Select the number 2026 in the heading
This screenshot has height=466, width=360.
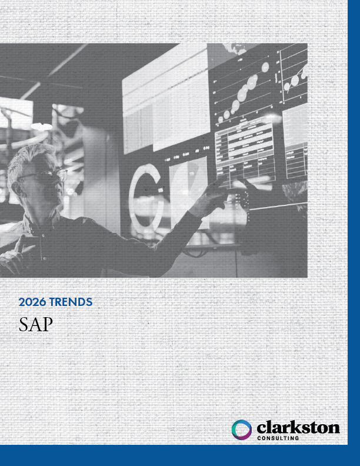click(32, 302)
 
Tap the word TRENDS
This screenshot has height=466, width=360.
click(71, 302)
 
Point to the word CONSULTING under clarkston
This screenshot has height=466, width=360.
click(278, 438)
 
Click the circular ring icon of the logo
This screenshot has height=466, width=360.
click(242, 430)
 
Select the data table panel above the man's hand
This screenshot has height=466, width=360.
click(245, 150)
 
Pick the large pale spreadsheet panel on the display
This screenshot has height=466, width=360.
click(165, 106)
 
